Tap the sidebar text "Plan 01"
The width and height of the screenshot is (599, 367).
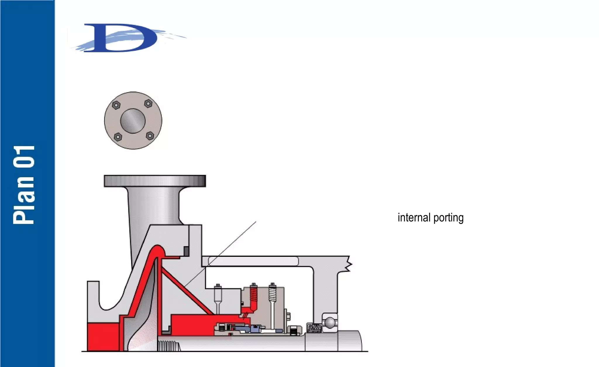[x=24, y=185]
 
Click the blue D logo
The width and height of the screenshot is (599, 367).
[x=123, y=38]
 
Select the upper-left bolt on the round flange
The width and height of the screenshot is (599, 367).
[x=116, y=105]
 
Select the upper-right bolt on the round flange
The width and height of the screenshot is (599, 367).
[x=149, y=103]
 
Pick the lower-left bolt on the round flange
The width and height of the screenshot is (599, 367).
[x=118, y=136]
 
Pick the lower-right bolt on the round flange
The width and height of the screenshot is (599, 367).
[x=150, y=136]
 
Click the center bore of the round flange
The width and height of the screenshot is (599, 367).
[x=133, y=121]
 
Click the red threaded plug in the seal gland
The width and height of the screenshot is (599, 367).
[x=254, y=295]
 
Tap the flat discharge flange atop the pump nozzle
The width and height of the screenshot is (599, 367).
[x=155, y=181]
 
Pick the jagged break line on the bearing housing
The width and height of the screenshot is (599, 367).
[x=349, y=264]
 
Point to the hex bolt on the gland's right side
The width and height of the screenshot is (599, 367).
[x=289, y=316]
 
